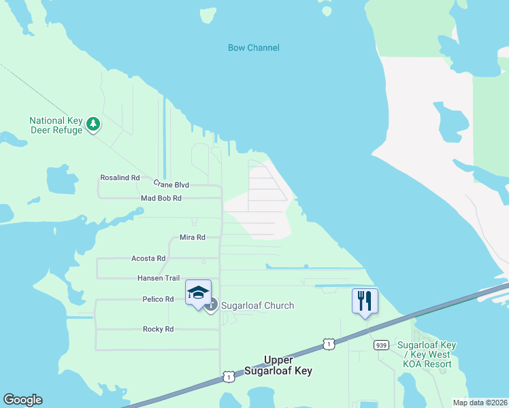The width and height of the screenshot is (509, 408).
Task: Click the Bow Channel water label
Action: tap(253, 48)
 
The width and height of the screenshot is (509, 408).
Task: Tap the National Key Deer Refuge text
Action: tap(56, 125)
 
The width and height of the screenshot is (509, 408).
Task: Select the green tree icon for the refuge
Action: tap(93, 124)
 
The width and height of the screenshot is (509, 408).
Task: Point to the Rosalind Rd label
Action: tap(120, 177)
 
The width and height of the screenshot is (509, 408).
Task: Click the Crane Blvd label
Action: tap(171, 184)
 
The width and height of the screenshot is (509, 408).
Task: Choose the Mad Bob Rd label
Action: tap(161, 199)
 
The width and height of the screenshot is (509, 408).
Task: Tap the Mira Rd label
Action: tap(192, 237)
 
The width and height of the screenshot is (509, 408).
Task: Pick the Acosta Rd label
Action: tap(148, 258)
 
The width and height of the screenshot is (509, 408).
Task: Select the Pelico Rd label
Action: tap(158, 299)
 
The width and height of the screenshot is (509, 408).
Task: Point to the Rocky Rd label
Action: tap(158, 329)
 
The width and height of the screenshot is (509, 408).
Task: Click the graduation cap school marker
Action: tap(198, 293)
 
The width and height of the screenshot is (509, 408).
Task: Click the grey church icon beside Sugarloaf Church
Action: tap(212, 305)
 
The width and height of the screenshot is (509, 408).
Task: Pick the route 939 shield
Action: tap(380, 345)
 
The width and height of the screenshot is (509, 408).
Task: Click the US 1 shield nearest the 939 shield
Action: tap(329, 345)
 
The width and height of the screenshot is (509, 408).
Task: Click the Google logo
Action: tap(22, 400)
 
